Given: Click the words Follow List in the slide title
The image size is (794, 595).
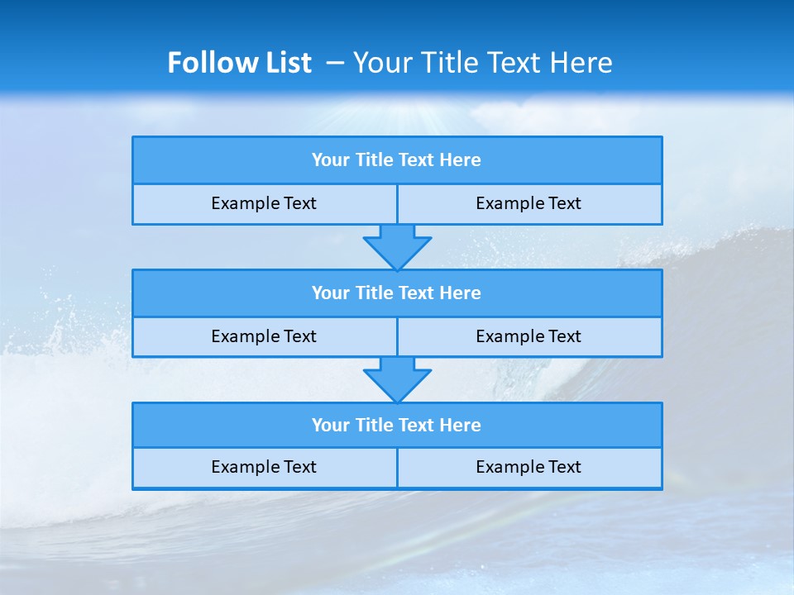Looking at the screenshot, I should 239,63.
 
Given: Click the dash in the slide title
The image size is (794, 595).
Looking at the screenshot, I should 336,63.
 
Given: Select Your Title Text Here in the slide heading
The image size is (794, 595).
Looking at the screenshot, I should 482,63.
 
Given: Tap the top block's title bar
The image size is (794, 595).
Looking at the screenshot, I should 396,160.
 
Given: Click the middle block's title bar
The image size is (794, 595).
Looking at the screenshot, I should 396,293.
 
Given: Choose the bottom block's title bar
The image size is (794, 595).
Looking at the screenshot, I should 396,426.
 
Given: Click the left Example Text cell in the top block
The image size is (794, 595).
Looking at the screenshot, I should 264,203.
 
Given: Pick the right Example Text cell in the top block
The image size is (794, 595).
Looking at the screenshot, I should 529,203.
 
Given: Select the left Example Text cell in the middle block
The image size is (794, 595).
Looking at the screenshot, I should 264,336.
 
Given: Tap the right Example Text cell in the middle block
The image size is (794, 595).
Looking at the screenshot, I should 529,336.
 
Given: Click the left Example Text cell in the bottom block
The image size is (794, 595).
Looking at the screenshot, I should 264,467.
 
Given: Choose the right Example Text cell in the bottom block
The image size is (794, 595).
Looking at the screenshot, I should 529,467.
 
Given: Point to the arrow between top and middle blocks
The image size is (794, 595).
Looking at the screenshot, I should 397,246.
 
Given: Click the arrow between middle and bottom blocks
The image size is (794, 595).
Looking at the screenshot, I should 397,379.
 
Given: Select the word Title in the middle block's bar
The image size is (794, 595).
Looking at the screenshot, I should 374,293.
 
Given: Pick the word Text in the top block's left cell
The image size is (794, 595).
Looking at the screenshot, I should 301,203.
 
